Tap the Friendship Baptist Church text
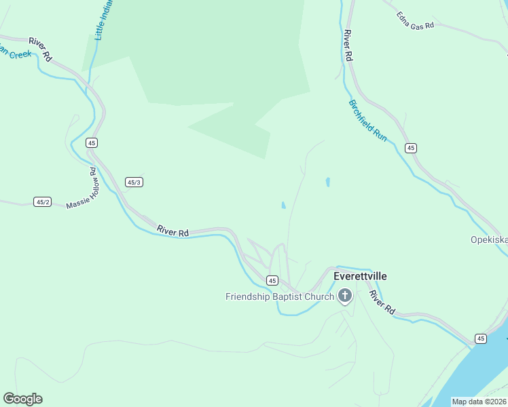coord(280,296)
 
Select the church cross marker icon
coord(345,296)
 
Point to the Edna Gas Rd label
coord(415,16)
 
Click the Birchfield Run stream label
coord(368,121)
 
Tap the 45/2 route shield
coord(43,201)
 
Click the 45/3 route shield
coord(134,182)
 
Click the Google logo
coord(22,399)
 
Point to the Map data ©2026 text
coord(479,402)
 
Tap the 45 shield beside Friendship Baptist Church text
coord(272,280)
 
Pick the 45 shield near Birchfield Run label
coord(410,148)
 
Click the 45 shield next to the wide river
coord(480,338)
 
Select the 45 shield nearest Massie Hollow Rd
coord(92,142)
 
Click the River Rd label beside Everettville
coord(382,301)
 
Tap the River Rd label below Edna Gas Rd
coord(348,46)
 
